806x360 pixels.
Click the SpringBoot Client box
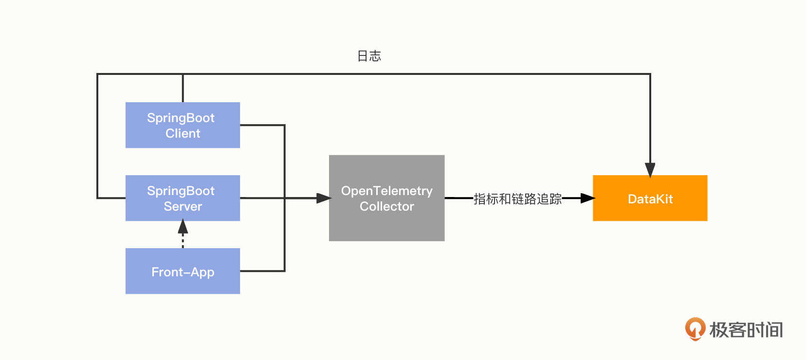(x=183, y=125)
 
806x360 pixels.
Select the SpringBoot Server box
(x=183, y=198)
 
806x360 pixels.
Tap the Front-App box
(x=183, y=271)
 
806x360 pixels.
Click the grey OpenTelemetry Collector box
(x=386, y=198)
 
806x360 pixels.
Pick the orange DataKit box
(x=650, y=198)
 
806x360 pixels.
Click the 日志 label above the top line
(x=369, y=56)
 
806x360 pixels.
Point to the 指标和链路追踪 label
(x=517, y=198)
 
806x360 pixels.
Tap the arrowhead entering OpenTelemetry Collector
(x=324, y=198)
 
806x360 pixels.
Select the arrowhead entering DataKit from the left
(x=587, y=198)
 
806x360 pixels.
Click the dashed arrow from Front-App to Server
(x=183, y=233)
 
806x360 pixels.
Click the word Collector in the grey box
(x=386, y=206)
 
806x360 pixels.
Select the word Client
(x=183, y=133)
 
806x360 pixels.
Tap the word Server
(x=183, y=206)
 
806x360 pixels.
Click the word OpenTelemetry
(x=386, y=191)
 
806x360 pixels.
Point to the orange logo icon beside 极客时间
(x=695, y=329)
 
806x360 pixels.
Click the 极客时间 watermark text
(x=746, y=330)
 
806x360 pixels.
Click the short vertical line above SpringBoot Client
(x=183, y=88)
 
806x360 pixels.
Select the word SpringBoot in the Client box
(x=181, y=118)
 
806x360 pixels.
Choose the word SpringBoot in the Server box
(x=181, y=191)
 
